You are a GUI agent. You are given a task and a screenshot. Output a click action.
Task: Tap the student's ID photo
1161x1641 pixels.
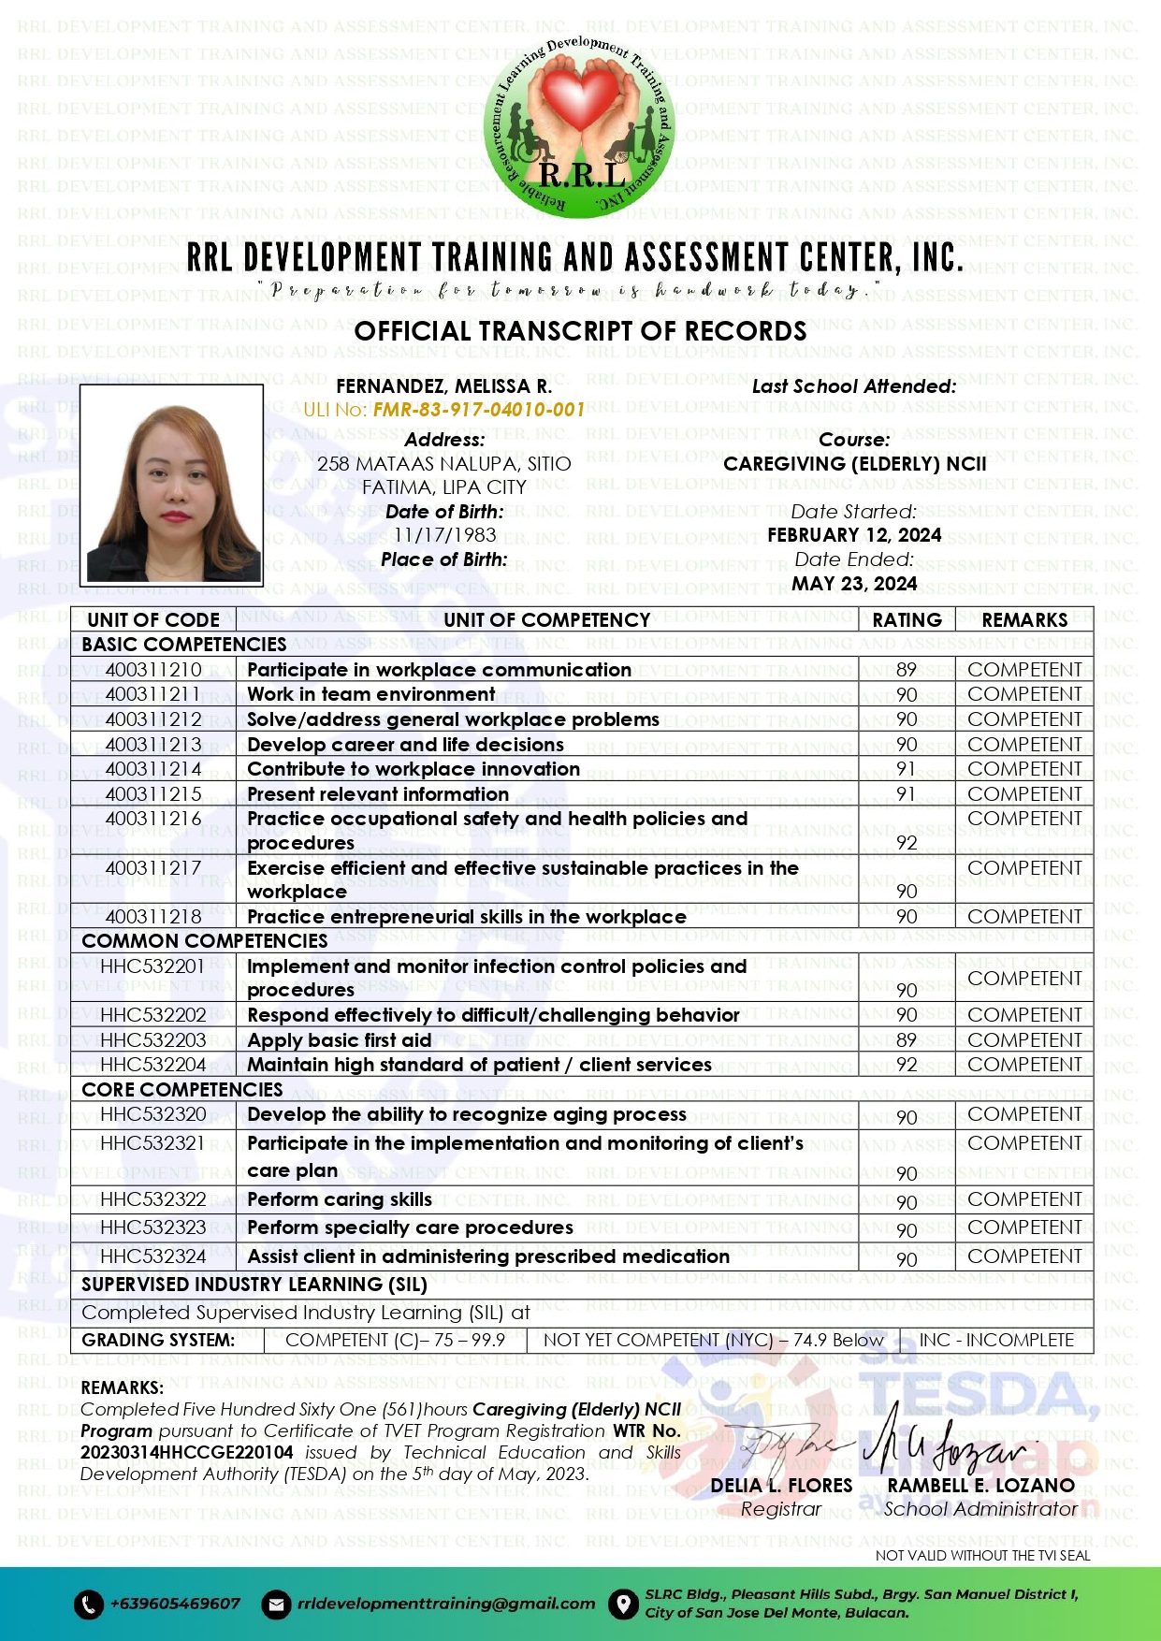171,485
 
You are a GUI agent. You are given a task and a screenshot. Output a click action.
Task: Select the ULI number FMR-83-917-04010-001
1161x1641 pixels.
478,410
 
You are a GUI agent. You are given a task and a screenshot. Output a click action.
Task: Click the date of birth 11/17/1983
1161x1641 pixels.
444,535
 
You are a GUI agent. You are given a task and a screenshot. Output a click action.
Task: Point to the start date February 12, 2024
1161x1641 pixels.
854,535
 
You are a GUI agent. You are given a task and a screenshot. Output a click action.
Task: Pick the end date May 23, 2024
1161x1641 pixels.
854,584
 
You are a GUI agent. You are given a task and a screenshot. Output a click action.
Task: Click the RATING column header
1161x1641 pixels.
907,620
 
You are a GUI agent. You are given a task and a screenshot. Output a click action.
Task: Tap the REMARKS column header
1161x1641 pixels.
1024,620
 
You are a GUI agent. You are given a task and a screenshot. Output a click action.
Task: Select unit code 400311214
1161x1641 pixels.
153,769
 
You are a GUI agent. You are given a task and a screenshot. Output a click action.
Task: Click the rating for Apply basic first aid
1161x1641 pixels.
907,1040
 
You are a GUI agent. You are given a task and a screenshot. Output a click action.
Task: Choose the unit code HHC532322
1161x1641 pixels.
153,1199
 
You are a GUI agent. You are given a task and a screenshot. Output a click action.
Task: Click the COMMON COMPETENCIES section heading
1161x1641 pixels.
205,941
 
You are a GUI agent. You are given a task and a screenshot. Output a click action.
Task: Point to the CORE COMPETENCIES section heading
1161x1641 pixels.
182,1090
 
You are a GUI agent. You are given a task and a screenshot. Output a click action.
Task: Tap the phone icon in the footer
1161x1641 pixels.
88,1605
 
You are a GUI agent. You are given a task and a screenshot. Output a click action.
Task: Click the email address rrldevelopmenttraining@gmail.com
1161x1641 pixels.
446,1604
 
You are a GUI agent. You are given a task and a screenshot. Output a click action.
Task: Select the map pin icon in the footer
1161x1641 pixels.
622,1605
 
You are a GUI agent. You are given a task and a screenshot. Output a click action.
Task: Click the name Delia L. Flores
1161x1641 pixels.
781,1486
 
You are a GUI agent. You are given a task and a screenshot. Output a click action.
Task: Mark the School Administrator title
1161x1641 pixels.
980,1509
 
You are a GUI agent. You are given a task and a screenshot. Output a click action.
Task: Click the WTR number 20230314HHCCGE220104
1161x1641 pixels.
187,1453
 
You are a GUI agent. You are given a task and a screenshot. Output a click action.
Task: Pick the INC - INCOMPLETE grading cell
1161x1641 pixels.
996,1341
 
